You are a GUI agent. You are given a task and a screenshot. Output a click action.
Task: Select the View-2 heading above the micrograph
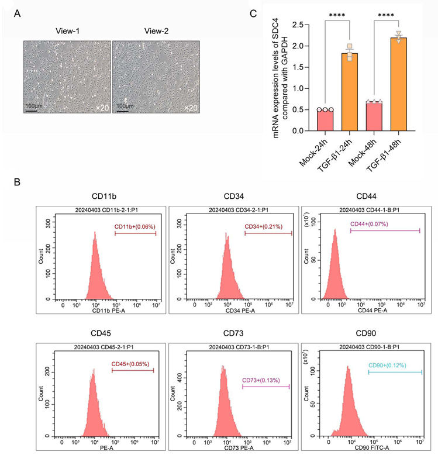(156, 30)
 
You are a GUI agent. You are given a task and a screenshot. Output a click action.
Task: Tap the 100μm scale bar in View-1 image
(32, 106)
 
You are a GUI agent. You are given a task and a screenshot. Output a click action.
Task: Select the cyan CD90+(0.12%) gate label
(389, 366)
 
